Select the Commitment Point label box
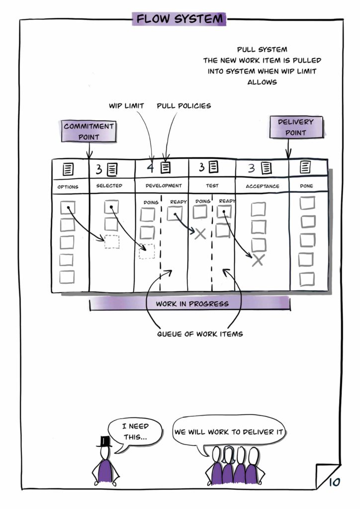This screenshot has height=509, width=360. pyautogui.click(x=89, y=131)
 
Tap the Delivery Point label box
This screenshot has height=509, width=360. pyautogui.click(x=295, y=127)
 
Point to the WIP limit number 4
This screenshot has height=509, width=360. pyautogui.click(x=151, y=167)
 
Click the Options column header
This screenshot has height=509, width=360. pyautogui.click(x=68, y=187)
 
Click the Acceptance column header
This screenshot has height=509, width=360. pyautogui.click(x=263, y=186)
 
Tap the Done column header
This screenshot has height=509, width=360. pyautogui.click(x=307, y=186)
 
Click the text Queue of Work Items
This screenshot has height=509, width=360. pyautogui.click(x=200, y=334)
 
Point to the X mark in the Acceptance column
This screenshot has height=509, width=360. pyautogui.click(x=257, y=260)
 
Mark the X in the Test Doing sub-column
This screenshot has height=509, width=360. pyautogui.click(x=200, y=234)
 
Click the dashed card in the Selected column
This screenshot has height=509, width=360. pyautogui.click(x=112, y=242)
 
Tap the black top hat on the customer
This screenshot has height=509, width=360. pyautogui.click(x=104, y=440)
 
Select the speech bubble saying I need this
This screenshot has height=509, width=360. pyautogui.click(x=136, y=431)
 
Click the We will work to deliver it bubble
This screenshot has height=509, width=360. pyautogui.click(x=228, y=432)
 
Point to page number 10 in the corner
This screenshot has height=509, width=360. pyautogui.click(x=334, y=481)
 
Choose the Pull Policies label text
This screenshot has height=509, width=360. pyautogui.click(x=183, y=106)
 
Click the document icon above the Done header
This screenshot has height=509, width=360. pyautogui.click(x=306, y=168)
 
